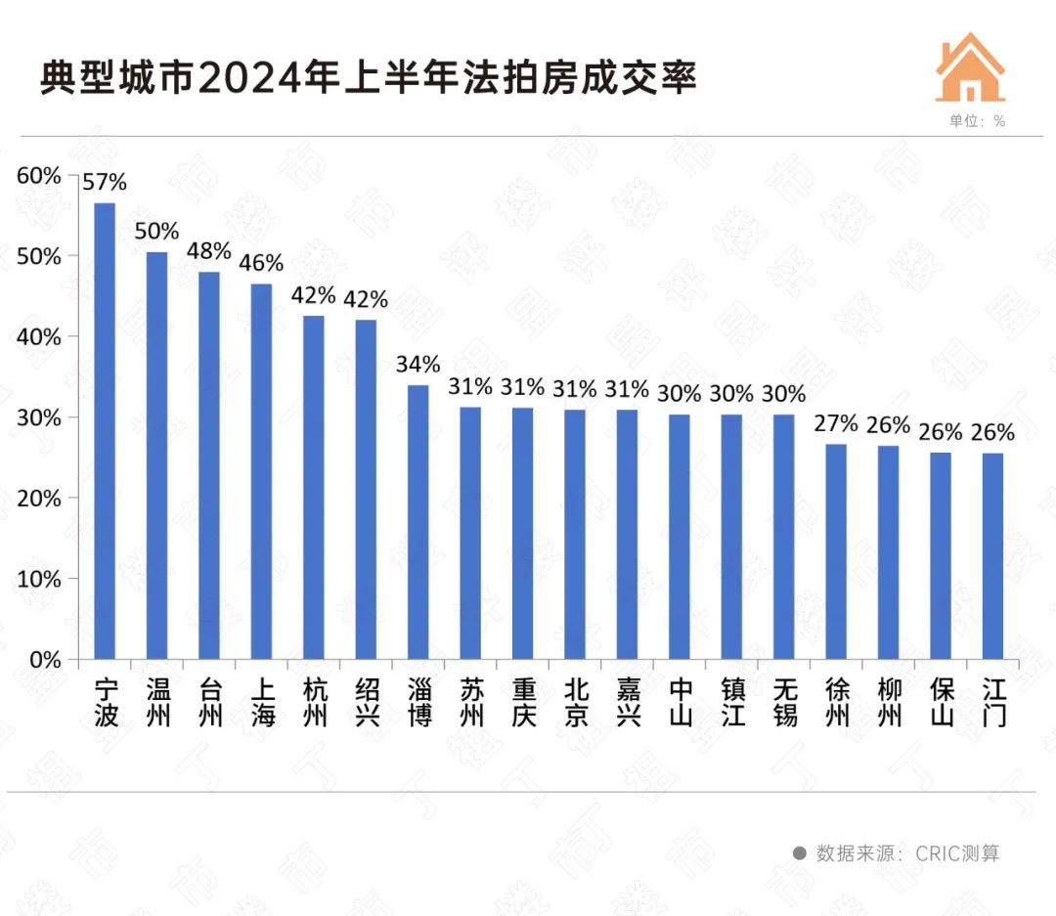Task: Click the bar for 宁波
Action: (x=105, y=430)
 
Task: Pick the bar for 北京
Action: (x=575, y=534)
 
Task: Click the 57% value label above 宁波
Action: (x=105, y=182)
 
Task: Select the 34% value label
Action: (x=418, y=365)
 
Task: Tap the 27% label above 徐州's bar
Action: (x=836, y=423)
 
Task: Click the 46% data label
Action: (x=261, y=263)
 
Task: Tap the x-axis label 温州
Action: (x=156, y=702)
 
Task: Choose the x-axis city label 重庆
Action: (x=523, y=702)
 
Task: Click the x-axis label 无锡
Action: (x=784, y=702)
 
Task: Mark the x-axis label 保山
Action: (x=941, y=702)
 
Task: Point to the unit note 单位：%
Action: (x=977, y=121)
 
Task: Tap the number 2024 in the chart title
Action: (x=235, y=78)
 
